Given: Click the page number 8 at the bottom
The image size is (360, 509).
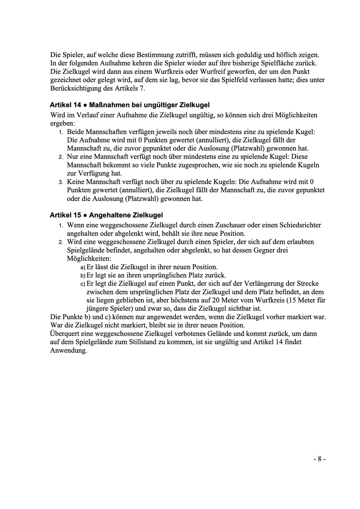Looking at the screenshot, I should [x=319, y=459].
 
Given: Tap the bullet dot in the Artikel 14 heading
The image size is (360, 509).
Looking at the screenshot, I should [x=85, y=105].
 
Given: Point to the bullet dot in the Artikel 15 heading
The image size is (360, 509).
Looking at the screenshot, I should [x=85, y=215].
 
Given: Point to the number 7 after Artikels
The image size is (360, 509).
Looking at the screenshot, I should [x=142, y=88].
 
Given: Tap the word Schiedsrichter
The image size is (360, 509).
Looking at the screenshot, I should [x=300, y=225].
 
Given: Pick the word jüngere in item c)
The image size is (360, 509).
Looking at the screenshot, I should [x=98, y=309].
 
